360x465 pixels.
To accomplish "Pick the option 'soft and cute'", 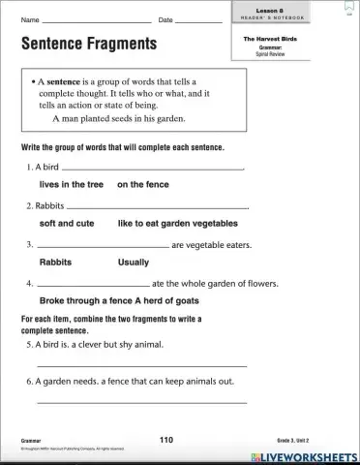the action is tap(67, 222).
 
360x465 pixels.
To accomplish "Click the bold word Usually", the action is tap(134, 262).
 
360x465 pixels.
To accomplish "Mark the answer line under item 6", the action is tap(141, 401).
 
